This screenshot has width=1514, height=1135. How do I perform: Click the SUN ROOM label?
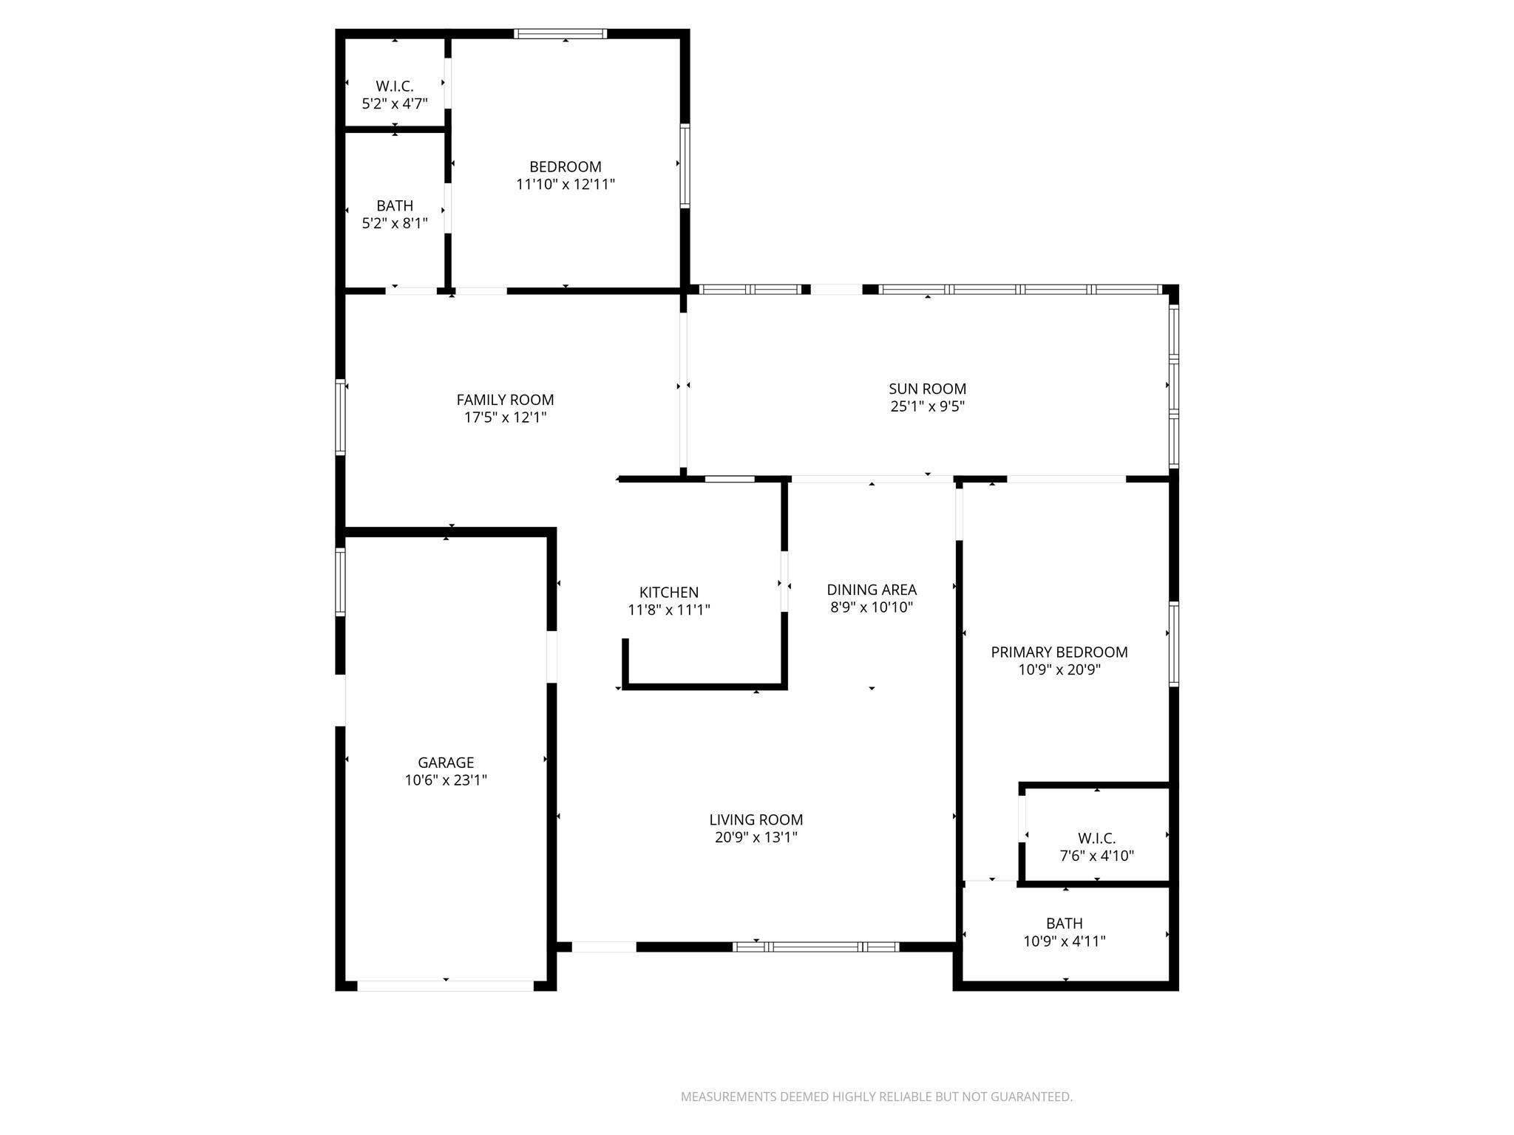927,389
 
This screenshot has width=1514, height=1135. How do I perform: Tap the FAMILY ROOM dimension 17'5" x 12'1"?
505,417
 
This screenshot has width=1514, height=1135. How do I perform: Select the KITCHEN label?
668,593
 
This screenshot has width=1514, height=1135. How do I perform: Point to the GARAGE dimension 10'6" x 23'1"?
446,780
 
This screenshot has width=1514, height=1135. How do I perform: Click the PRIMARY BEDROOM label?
1059,652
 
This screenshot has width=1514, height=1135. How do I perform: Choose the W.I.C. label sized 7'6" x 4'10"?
1096,839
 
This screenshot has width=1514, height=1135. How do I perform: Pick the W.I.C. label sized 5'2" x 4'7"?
394,86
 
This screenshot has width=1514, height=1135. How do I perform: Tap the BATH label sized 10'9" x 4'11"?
1064,924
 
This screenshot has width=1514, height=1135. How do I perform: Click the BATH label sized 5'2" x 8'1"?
394,206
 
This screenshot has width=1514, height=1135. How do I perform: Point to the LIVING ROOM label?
756,820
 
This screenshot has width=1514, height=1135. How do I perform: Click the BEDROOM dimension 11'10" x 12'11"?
565,185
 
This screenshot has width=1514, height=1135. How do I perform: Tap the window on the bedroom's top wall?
560,33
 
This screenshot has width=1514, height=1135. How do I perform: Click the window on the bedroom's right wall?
685,166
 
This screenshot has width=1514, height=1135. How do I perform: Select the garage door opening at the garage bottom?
445,986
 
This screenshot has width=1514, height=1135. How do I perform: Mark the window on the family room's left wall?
340,417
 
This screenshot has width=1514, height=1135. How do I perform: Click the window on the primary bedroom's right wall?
1173,644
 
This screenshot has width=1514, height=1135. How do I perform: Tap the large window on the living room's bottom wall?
816,947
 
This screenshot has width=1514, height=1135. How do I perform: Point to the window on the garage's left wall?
340,582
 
